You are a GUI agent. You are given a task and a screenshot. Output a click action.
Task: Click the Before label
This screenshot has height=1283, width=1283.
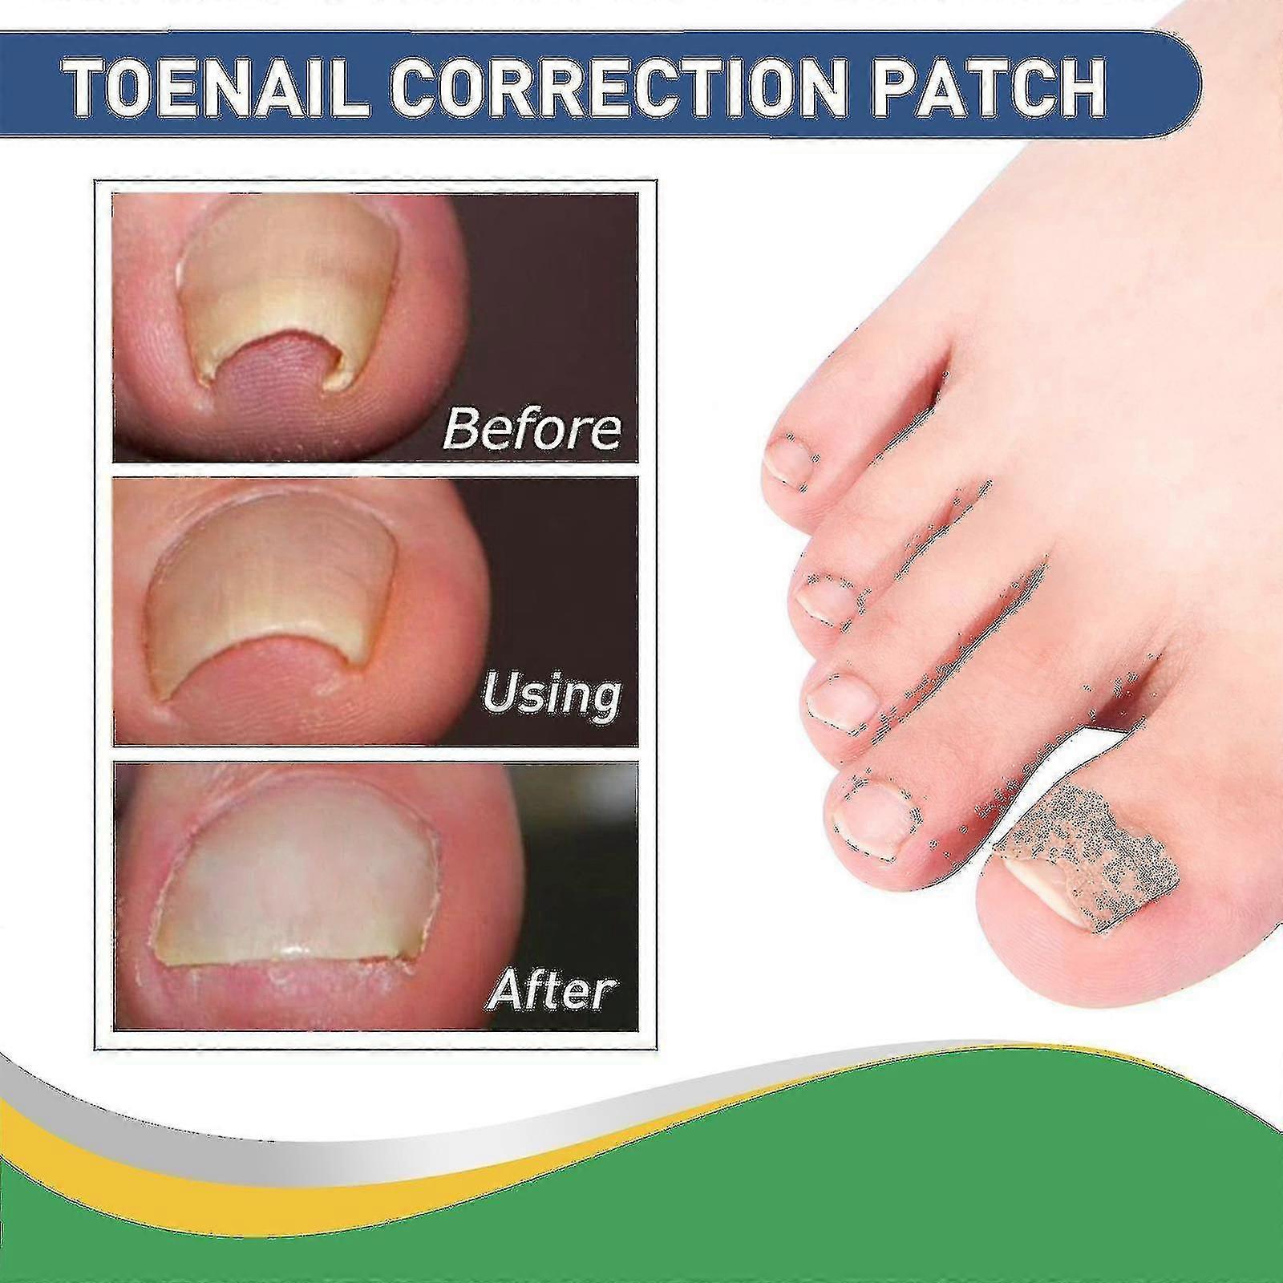tap(531, 429)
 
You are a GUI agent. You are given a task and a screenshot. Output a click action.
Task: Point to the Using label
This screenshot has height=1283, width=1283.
tap(552, 695)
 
